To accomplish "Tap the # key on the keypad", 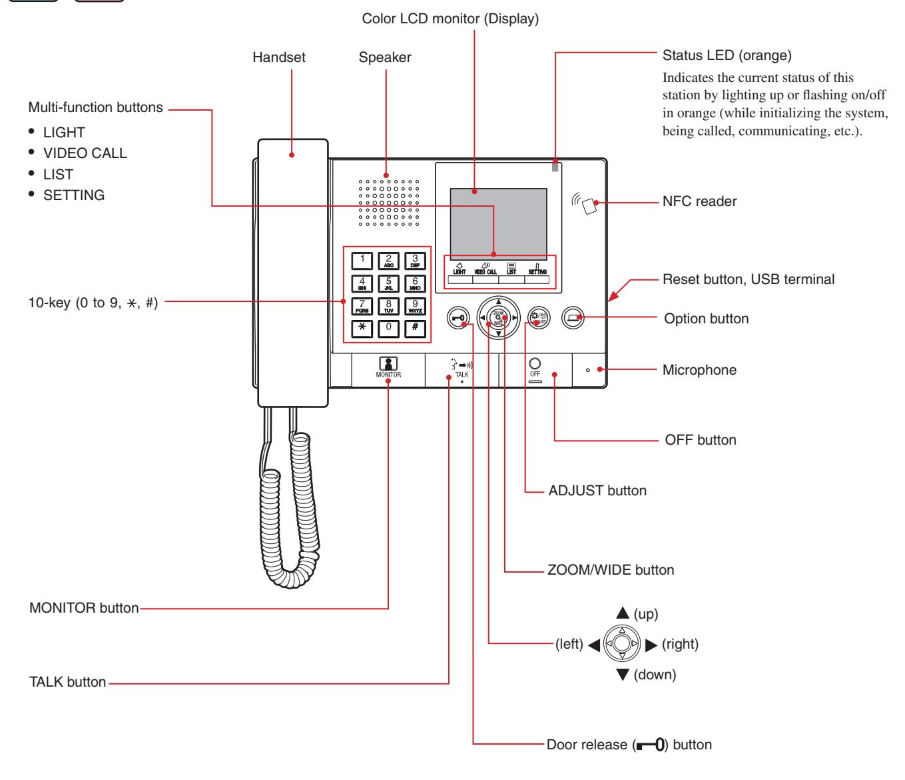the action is [x=415, y=328].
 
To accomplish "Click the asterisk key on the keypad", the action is [x=362, y=328].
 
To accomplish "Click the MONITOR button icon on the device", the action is [x=388, y=363].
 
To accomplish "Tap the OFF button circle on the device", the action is [x=535, y=363].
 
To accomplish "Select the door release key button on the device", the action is [x=458, y=317].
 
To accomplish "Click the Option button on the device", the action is [x=573, y=317].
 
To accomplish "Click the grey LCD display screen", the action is [x=498, y=223].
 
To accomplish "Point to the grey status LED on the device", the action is [x=555, y=167].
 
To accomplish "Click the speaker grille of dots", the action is [x=388, y=203].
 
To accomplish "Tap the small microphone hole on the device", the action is [x=587, y=370].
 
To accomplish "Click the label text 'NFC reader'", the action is [x=699, y=201].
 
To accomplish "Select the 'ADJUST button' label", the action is [x=597, y=490].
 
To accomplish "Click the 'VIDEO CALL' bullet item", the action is [x=85, y=153].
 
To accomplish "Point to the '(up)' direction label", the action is [x=646, y=614].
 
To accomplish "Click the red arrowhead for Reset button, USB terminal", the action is [x=613, y=295].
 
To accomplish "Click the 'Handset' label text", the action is [x=279, y=57].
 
